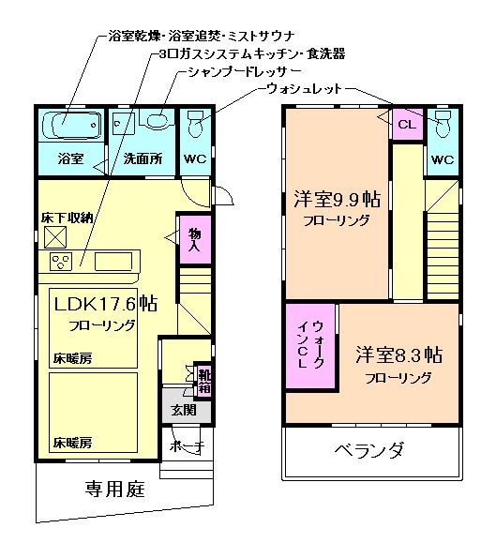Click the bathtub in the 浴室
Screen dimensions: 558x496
71,123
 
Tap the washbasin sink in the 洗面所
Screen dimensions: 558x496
156,121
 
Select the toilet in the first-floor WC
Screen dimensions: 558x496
196,124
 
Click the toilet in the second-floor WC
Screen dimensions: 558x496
442,124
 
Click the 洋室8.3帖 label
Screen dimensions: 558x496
398,356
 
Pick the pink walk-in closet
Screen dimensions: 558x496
309,344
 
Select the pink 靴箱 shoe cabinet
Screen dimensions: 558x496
203,379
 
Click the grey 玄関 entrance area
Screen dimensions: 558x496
183,410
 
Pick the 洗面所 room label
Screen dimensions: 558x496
143,158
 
